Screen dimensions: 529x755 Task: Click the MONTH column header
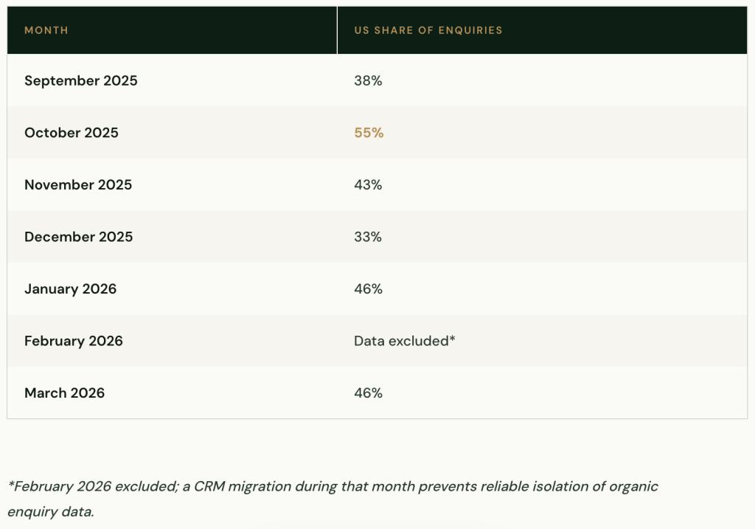46,30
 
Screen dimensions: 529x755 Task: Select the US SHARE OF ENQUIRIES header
428,30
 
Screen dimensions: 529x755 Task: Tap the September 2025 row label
80,80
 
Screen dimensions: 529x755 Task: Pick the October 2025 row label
71,133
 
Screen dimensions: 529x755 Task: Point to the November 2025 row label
77,184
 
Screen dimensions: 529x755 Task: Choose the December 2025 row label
78,237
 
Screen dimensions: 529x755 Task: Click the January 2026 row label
70,288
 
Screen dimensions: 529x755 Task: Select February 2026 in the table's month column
73,341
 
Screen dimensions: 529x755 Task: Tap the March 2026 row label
64,393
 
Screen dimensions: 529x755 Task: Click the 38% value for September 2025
368,80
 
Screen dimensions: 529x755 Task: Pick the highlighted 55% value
369,133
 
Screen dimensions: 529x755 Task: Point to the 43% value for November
368,184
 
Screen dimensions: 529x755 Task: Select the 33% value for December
368,237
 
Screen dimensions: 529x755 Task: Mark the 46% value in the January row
368,288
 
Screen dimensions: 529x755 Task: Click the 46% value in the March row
368,393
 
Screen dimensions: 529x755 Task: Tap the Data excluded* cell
404,341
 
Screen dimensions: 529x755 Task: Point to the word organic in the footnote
635,486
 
